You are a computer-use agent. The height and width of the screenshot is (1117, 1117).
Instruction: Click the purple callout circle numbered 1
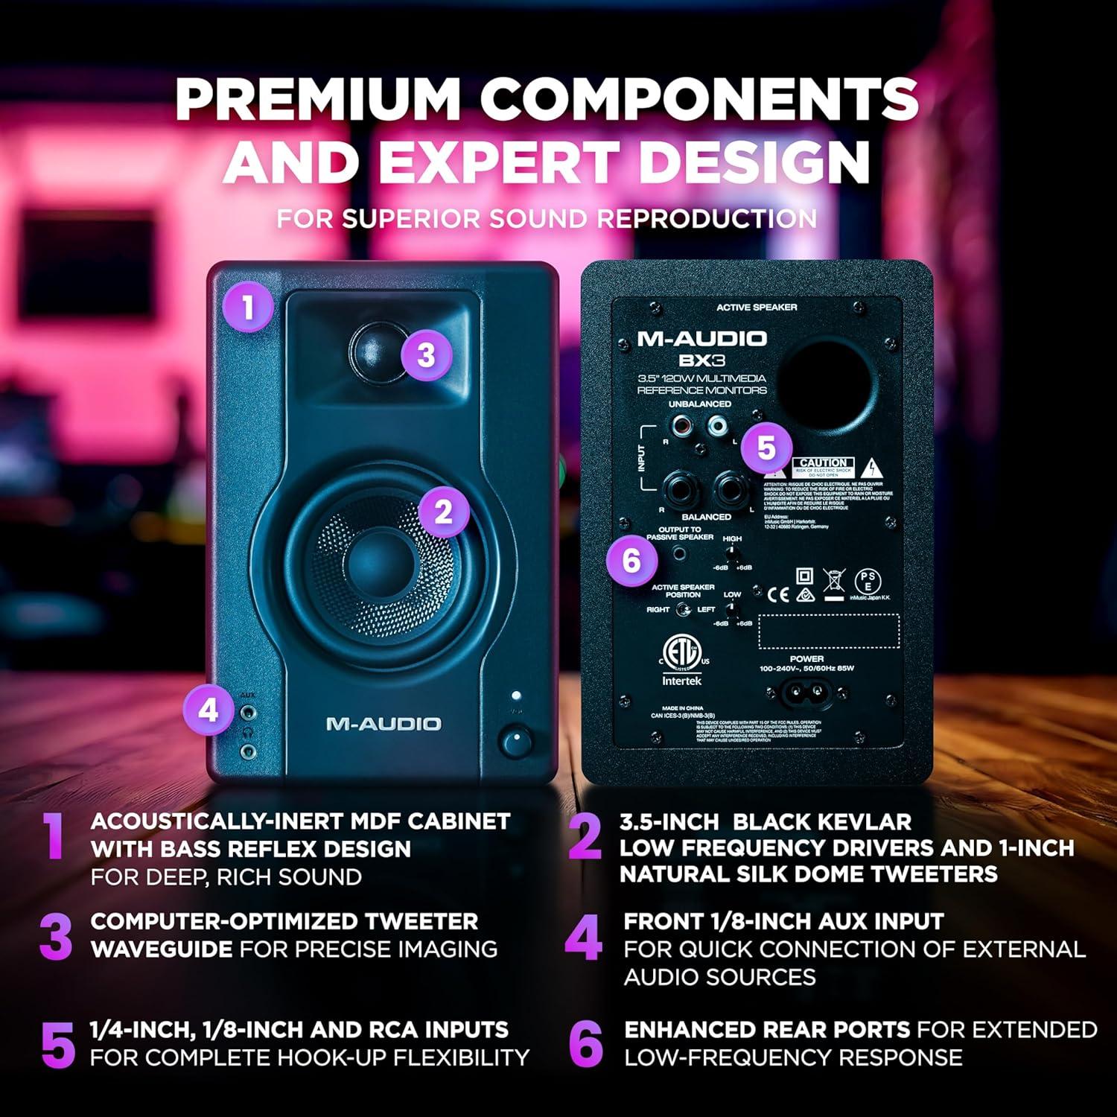(248, 307)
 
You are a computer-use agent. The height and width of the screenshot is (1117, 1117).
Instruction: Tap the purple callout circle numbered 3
(426, 354)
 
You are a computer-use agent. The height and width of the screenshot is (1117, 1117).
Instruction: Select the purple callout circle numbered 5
(766, 448)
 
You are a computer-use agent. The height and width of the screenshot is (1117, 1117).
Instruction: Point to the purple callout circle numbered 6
(631, 560)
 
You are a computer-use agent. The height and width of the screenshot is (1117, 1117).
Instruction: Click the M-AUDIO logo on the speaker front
(384, 724)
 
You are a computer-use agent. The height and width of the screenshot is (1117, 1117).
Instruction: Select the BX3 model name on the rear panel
(701, 360)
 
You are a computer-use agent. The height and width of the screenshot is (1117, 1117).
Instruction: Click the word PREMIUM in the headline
(318, 100)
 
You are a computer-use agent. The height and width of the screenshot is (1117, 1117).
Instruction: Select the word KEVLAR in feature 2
(864, 821)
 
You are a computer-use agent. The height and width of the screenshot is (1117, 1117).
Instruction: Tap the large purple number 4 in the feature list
(583, 938)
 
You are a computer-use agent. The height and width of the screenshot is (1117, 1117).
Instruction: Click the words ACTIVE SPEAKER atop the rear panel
(756, 308)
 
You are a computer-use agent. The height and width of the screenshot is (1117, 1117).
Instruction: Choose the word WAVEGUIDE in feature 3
(162, 949)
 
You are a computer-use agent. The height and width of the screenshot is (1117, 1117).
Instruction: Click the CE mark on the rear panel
(778, 593)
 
